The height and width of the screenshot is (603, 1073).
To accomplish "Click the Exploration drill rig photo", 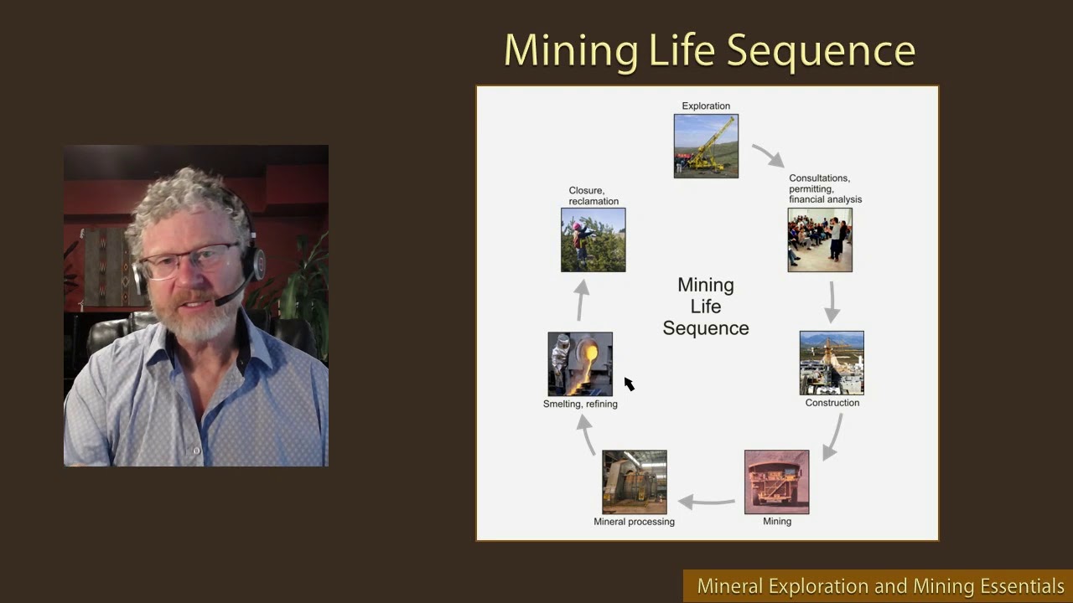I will tap(706, 146).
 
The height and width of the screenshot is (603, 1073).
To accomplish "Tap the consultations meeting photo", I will tap(820, 240).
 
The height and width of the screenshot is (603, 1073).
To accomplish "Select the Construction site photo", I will tap(832, 363).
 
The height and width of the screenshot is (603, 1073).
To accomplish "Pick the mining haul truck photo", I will tap(777, 482).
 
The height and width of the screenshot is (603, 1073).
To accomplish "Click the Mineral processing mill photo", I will tap(635, 482).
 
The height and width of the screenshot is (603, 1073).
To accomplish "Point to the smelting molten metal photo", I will tap(580, 363).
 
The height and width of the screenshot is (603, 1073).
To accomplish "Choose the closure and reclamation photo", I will tap(594, 240).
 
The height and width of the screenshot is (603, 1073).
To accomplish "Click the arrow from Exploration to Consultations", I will tap(768, 155).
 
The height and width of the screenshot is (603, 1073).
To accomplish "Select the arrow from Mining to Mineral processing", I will tap(706, 502).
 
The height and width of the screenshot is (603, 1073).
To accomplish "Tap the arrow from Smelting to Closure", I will tap(581, 299).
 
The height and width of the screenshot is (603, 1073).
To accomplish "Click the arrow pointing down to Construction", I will tap(832, 301).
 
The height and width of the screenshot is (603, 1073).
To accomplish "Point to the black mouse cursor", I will tap(629, 383).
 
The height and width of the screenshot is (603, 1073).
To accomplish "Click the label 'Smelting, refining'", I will tap(580, 404).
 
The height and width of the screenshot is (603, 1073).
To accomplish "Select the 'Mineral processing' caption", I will tap(634, 522).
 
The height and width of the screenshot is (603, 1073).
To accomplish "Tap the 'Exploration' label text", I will tap(706, 106).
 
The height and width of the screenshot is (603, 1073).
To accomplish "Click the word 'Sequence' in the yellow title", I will tap(821, 51).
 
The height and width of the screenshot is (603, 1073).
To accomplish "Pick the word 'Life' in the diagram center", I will tap(706, 307).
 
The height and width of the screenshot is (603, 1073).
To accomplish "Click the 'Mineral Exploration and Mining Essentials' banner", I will tap(880, 586).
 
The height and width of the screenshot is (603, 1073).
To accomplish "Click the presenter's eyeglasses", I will tap(189, 260).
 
